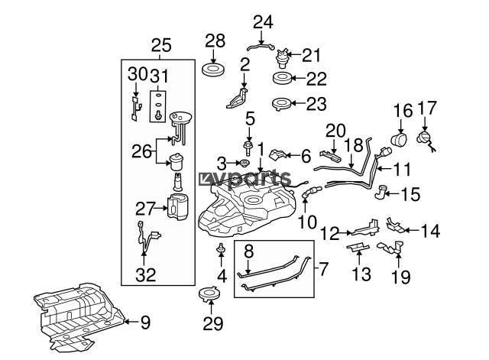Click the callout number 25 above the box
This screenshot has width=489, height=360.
[161, 46]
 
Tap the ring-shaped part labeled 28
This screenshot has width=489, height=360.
[213, 70]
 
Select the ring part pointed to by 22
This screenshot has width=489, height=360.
[282, 78]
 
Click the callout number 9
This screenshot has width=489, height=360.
[145, 322]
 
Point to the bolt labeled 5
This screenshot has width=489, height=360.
[248, 148]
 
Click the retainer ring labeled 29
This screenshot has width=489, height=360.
[210, 294]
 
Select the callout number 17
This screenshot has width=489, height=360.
[427, 108]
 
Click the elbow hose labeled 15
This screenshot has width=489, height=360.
[381, 192]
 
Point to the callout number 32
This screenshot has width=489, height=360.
[146, 275]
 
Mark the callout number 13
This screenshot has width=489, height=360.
[361, 274]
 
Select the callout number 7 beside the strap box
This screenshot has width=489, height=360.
[323, 268]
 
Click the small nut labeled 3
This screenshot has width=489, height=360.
[244, 163]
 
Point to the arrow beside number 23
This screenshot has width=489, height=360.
[299, 103]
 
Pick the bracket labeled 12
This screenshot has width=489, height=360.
[366, 228]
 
